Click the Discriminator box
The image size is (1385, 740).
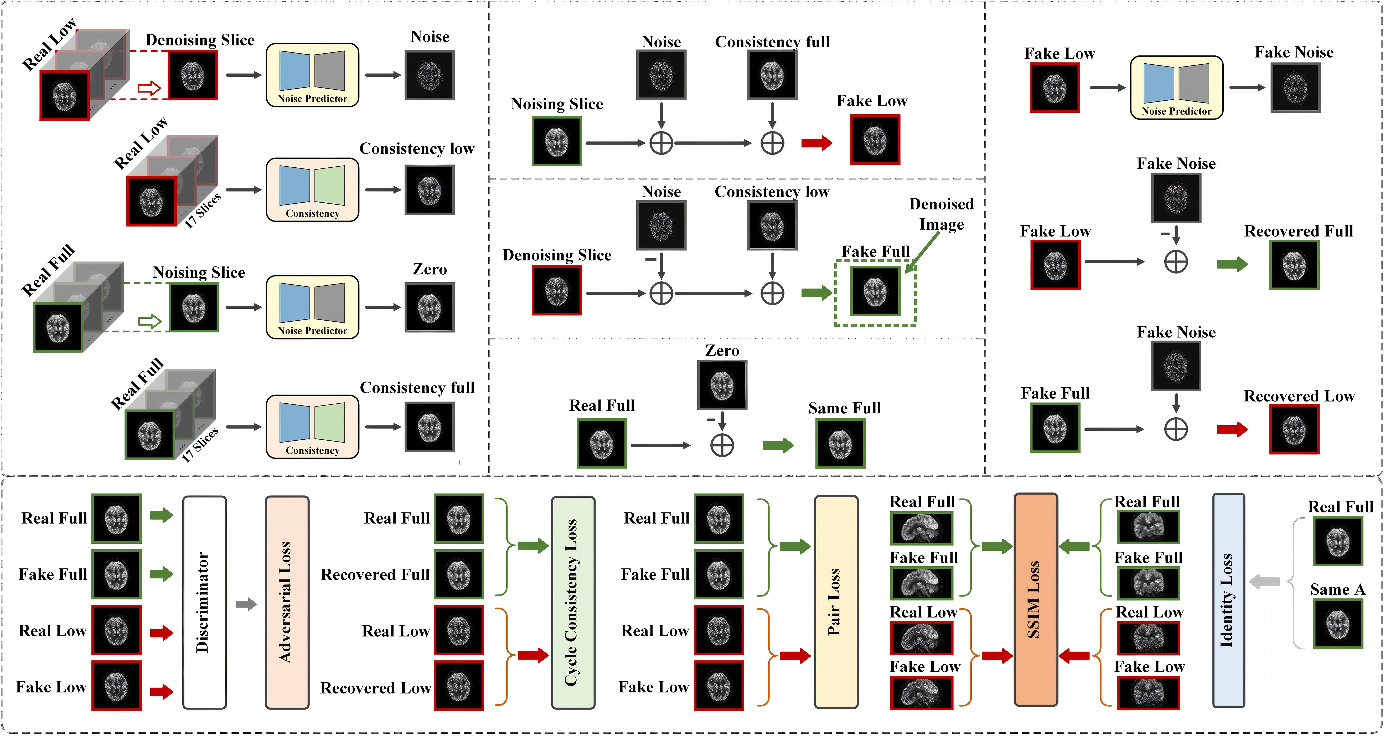204,602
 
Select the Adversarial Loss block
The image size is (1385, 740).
287,602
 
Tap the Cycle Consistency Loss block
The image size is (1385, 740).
573,602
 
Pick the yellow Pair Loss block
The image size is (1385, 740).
836,602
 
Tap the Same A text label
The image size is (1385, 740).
1338,590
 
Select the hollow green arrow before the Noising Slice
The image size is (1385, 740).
149,322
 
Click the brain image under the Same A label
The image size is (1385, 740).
1338,624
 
